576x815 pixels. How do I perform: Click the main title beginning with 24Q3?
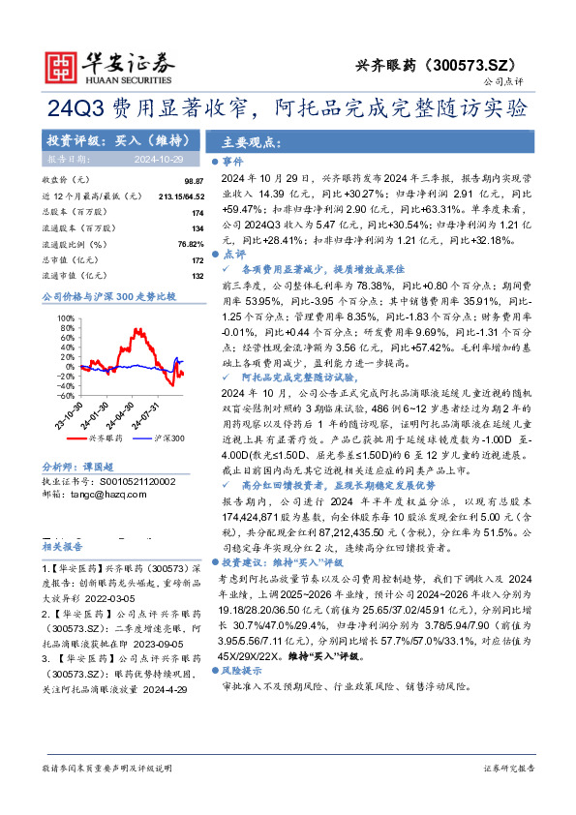(x=288, y=106)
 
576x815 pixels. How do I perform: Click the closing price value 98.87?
(x=194, y=181)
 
